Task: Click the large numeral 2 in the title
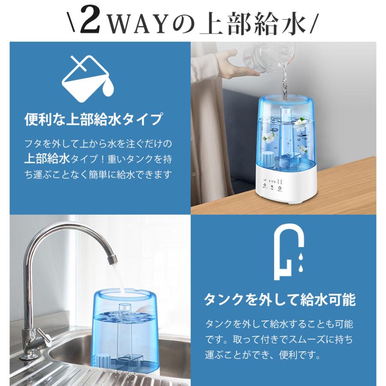pyautogui.click(x=90, y=21)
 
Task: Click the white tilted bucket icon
pyautogui.click(x=88, y=79)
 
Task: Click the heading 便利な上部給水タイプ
pyautogui.click(x=93, y=119)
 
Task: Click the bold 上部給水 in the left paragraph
pyautogui.click(x=47, y=159)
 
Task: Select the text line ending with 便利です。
pyautogui.click(x=262, y=355)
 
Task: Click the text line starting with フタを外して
pyautogui.click(x=98, y=144)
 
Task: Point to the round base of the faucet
pyautogui.click(x=30, y=356)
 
